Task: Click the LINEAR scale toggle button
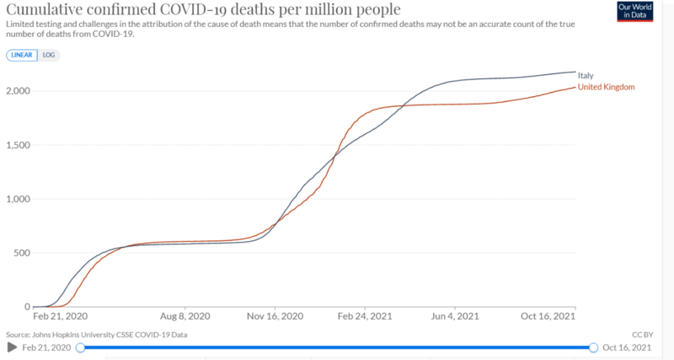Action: (x=21, y=55)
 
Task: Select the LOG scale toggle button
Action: (x=48, y=55)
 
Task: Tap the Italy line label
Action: (x=585, y=76)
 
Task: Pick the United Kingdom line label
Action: (x=605, y=87)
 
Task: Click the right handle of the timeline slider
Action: (x=594, y=347)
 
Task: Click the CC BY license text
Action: (x=642, y=334)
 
